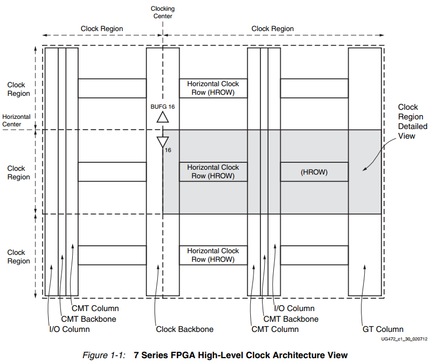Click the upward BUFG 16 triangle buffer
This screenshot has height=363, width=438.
click(x=163, y=117)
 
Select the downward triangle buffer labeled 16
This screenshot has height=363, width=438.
click(x=163, y=142)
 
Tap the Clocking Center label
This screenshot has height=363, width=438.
click(x=163, y=12)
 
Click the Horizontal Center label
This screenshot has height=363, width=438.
click(x=16, y=120)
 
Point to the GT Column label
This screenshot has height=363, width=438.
click(x=383, y=329)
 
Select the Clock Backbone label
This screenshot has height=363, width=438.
click(x=185, y=329)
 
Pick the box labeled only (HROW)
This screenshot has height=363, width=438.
click(x=314, y=172)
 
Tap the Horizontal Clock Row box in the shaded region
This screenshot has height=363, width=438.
click(x=213, y=172)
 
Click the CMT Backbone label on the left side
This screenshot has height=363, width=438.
click(x=88, y=319)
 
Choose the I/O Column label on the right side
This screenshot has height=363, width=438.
click(x=294, y=308)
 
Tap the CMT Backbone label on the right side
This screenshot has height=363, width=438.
click(x=291, y=319)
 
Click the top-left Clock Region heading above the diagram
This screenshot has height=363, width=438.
click(x=102, y=28)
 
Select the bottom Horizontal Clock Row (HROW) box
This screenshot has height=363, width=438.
click(x=213, y=255)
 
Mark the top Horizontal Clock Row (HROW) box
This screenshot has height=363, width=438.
click(x=213, y=88)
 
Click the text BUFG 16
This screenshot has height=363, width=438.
click(x=163, y=107)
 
